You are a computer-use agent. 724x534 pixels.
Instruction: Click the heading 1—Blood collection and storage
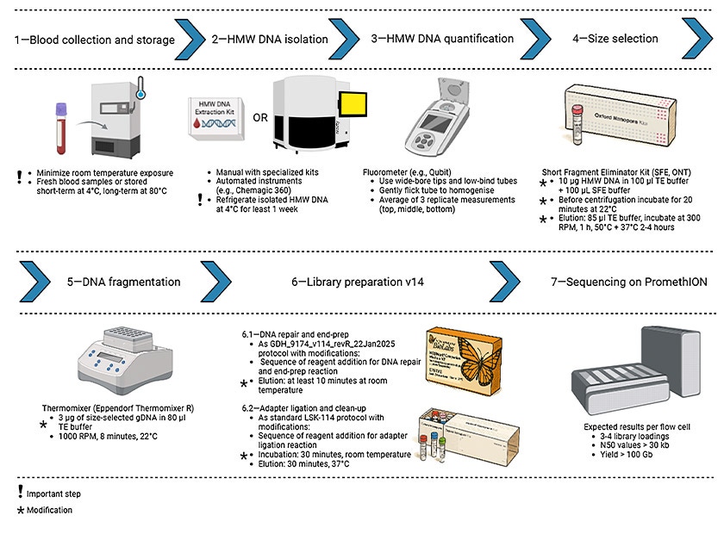pyautogui.click(x=94, y=40)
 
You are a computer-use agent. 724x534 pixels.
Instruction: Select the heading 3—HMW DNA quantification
pyautogui.click(x=443, y=39)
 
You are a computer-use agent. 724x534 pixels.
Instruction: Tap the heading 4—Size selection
pyautogui.click(x=615, y=39)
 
